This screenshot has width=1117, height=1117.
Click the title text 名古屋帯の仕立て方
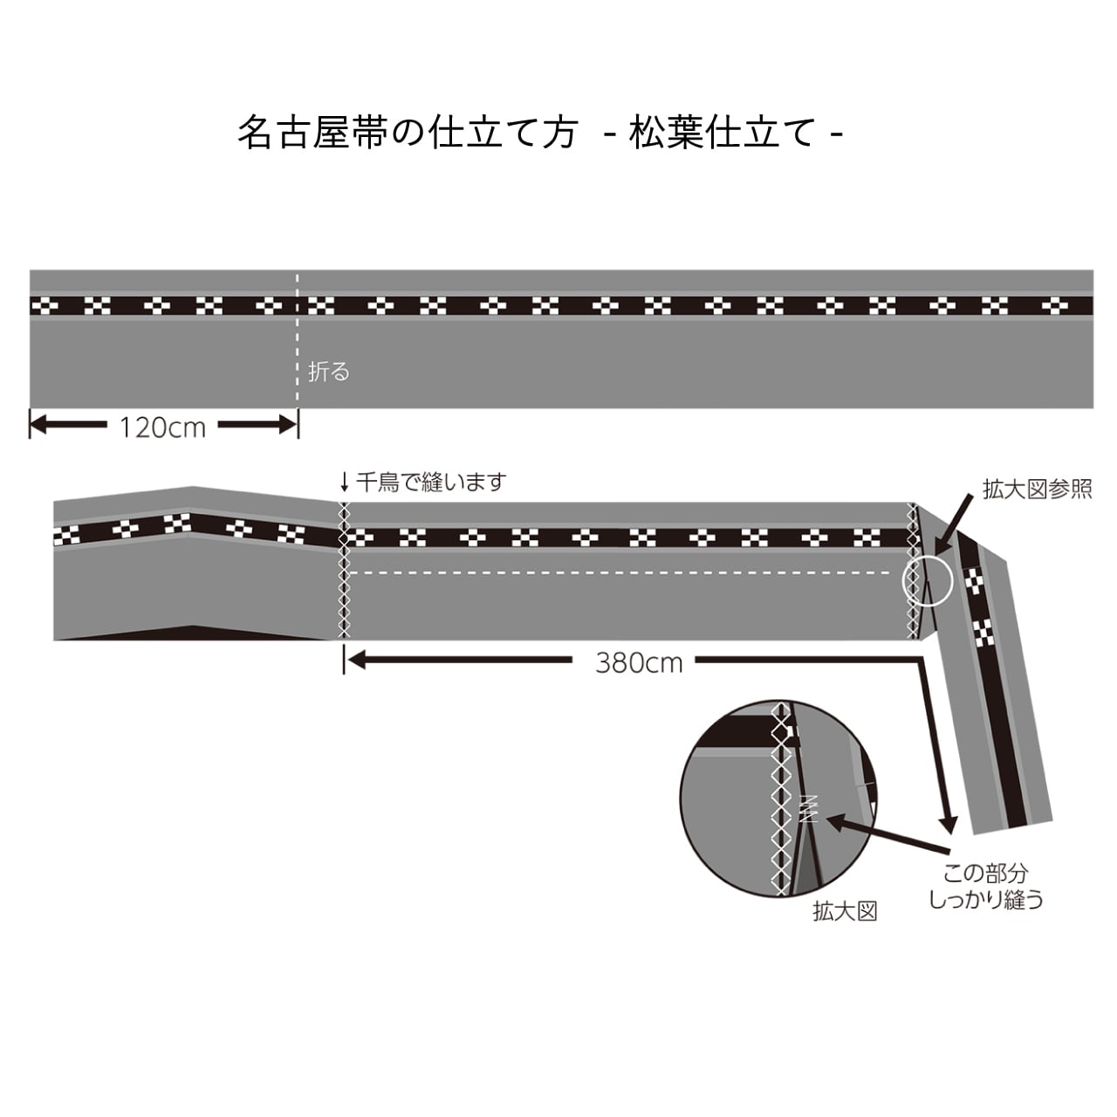[x=407, y=134]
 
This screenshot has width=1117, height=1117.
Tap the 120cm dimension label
[x=162, y=428]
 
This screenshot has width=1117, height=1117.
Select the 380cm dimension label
[x=639, y=663]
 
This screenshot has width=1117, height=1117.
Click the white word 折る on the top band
[x=329, y=372]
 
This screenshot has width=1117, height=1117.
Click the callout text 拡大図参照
[x=1037, y=489]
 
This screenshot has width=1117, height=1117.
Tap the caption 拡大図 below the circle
[x=844, y=912]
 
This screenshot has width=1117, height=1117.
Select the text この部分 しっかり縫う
[x=985, y=886]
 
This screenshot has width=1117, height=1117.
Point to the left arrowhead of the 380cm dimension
[x=356, y=661]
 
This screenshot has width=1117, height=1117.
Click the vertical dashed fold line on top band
[x=298, y=340]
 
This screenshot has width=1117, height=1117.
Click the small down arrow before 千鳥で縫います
[x=345, y=482]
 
